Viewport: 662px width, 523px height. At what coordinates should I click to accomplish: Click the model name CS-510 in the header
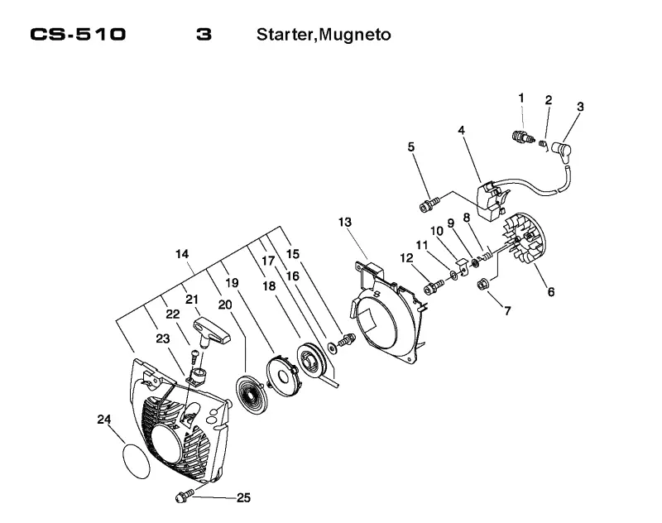pos(78,34)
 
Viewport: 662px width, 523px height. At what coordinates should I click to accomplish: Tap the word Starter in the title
pos(285,35)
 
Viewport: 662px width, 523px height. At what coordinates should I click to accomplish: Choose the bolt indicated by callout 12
pos(434,287)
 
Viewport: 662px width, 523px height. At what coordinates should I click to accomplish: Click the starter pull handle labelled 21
pos(212,331)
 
